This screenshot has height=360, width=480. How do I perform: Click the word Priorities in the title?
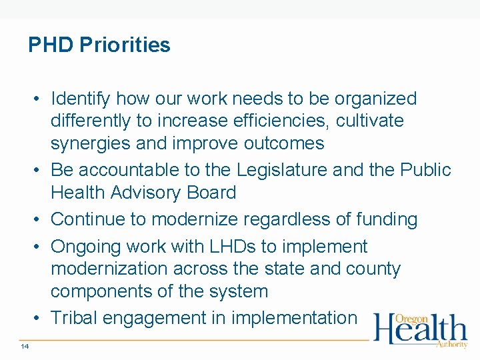click(125, 45)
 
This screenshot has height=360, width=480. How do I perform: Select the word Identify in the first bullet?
click(81, 99)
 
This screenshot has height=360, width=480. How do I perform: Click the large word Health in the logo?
click(420, 330)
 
